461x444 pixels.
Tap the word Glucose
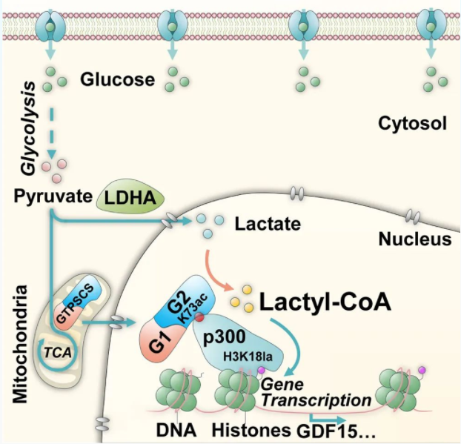[118, 78]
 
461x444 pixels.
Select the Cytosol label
[411, 123]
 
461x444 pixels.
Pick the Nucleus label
[415, 239]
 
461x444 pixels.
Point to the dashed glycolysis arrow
[51, 129]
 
